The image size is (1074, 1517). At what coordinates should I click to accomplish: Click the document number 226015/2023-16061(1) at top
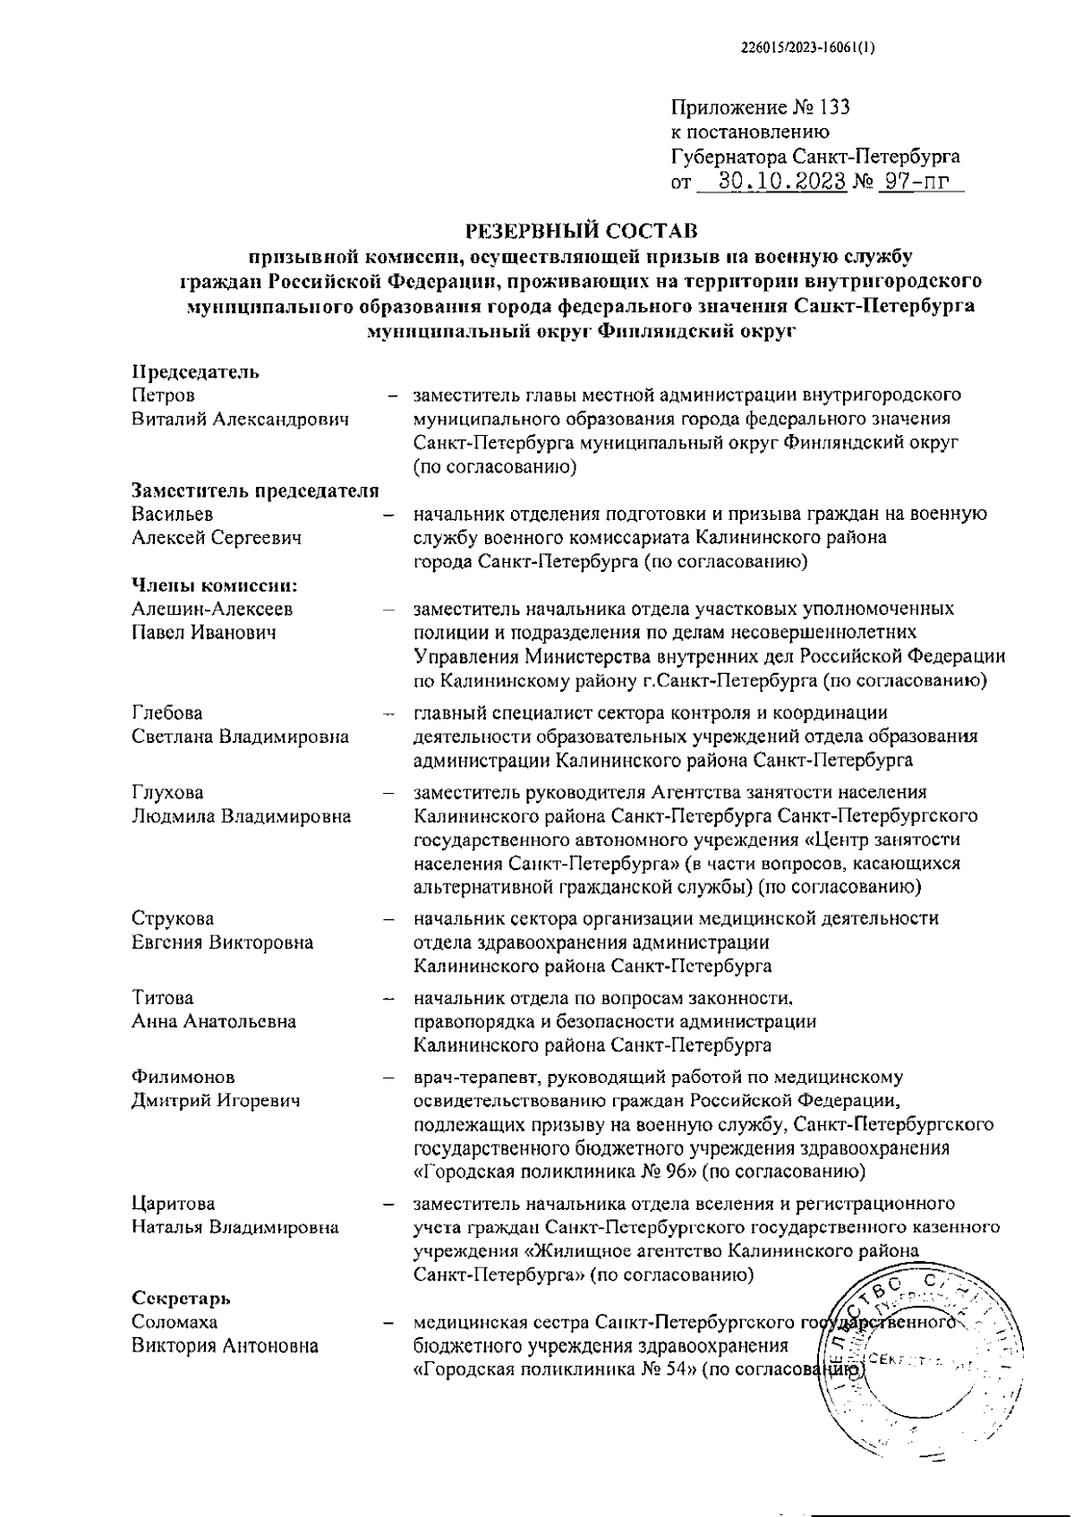tap(808, 51)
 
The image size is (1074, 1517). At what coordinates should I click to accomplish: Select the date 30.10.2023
tap(782, 182)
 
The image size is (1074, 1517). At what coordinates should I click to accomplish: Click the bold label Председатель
tap(196, 372)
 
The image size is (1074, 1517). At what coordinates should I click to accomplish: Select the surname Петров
tap(163, 396)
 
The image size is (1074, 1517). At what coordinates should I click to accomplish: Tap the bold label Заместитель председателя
tap(255, 491)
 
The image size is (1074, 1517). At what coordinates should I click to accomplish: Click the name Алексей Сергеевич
tap(217, 539)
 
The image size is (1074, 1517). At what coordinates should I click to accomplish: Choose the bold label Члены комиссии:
tap(214, 586)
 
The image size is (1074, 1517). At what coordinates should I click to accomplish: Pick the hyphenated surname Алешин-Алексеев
tap(211, 609)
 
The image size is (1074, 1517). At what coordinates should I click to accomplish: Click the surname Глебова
tap(167, 713)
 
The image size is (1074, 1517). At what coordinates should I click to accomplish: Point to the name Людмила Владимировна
tap(242, 816)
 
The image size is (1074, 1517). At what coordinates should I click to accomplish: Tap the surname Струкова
tap(173, 919)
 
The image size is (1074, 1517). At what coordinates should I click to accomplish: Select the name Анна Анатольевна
tap(214, 1021)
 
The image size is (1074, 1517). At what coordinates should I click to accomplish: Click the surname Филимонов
tap(183, 1078)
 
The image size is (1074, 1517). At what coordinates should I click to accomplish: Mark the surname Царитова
tap(174, 1204)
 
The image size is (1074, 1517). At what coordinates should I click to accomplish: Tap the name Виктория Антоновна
tap(225, 1346)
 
